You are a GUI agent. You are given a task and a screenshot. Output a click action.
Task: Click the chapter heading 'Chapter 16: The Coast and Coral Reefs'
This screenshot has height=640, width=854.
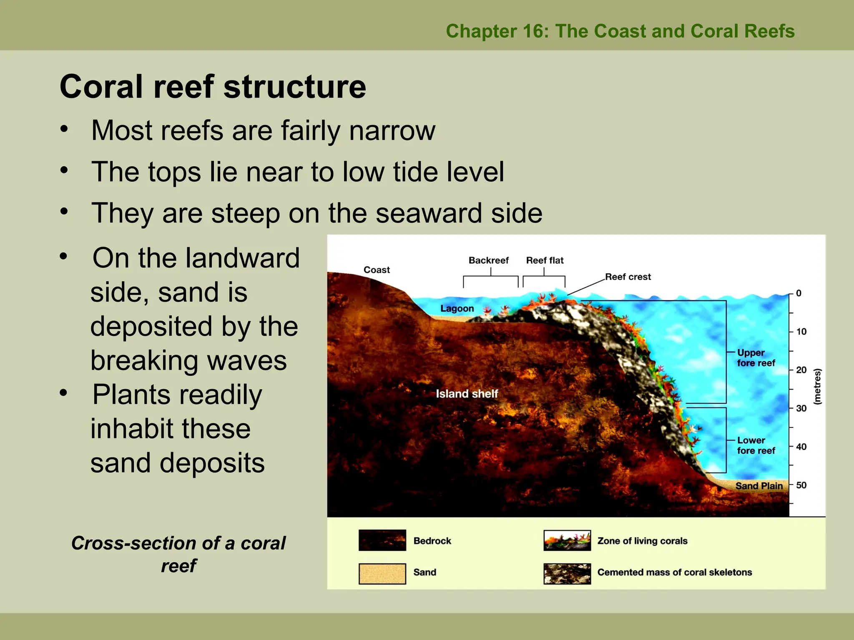[620, 31]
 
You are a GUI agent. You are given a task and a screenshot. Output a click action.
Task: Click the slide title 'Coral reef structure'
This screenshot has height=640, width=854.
[213, 87]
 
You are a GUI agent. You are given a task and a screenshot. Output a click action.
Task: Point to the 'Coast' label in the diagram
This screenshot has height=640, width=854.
[377, 270]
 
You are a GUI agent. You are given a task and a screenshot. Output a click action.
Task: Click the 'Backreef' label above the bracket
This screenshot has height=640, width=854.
[488, 260]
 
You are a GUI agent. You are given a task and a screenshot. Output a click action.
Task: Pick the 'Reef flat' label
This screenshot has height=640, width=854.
[545, 260]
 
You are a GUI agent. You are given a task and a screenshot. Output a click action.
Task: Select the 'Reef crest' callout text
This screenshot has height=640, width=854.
[628, 277]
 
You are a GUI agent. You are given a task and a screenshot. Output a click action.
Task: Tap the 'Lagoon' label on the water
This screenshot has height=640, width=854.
[457, 309]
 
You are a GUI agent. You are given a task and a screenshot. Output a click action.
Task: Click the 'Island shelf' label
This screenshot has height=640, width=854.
[467, 394]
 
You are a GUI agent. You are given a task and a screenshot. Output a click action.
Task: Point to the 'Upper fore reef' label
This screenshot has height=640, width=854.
[755, 358]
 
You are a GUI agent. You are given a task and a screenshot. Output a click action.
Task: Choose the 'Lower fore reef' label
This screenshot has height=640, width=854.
[755, 445]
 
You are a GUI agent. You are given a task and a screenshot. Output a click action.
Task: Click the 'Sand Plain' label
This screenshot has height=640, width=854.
[759, 486]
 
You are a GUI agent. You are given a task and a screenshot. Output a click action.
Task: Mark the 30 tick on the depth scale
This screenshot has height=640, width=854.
[801, 408]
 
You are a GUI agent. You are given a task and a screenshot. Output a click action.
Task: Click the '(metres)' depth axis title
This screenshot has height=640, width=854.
[817, 386]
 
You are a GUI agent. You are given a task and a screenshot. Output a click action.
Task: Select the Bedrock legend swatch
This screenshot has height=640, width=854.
[382, 540]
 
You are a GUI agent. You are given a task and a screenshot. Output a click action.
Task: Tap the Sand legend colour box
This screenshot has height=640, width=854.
[382, 574]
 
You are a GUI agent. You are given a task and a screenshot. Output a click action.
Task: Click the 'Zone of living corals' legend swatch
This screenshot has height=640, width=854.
[567, 540]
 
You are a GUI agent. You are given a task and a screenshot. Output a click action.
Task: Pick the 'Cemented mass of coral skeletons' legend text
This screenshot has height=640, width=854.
[674, 572]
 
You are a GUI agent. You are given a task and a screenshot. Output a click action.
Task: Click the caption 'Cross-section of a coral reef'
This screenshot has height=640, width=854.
[178, 554]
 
